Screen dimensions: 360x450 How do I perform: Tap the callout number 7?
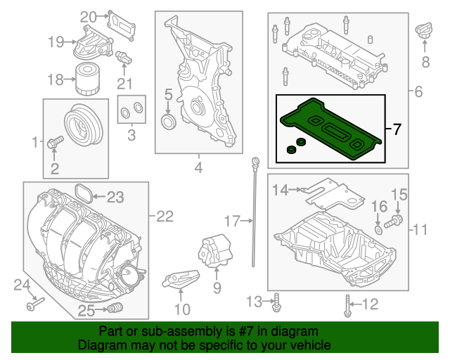(x=397, y=129)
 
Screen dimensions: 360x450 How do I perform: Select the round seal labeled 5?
(x=169, y=124)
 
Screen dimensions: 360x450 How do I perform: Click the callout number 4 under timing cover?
(x=198, y=168)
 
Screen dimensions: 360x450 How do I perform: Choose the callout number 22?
(x=164, y=217)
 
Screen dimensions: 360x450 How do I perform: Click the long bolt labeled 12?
(x=347, y=304)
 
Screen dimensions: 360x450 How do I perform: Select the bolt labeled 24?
(x=34, y=305)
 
